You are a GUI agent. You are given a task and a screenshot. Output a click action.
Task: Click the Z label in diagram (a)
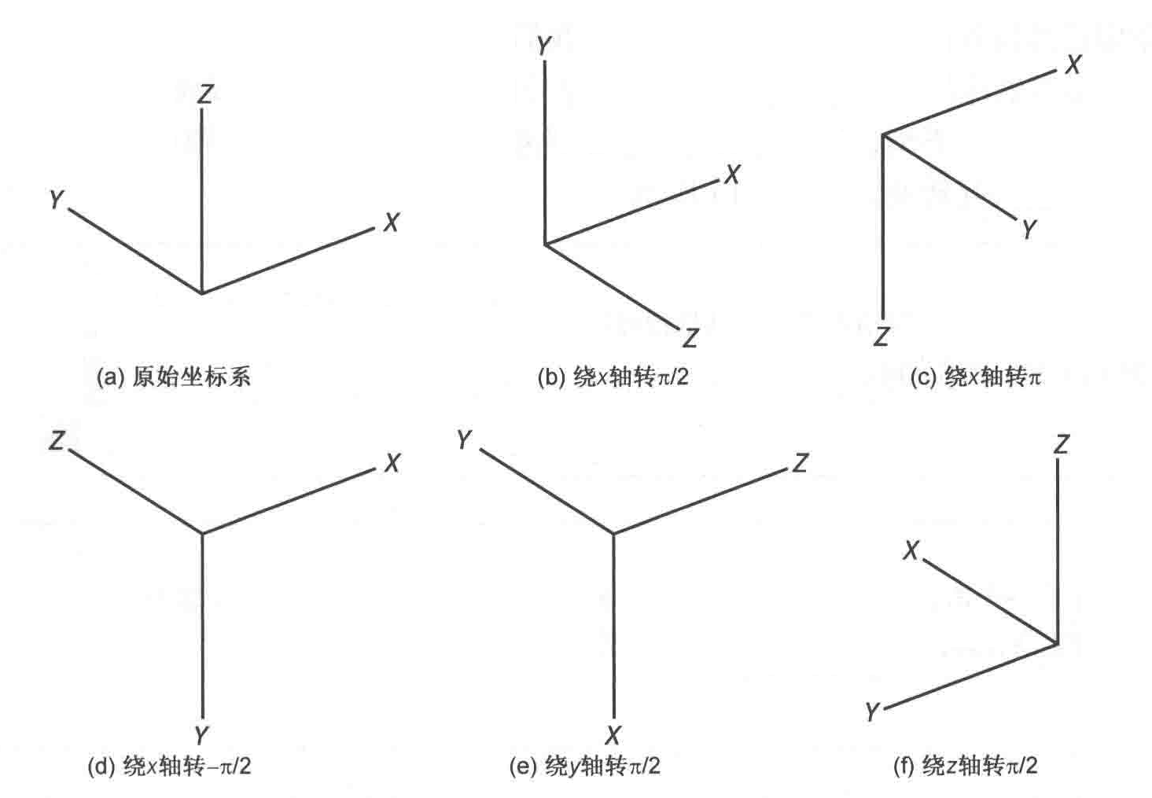click(205, 94)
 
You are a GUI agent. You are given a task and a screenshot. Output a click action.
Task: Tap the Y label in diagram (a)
click(56, 200)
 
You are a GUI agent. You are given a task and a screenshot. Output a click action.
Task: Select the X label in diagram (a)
click(391, 223)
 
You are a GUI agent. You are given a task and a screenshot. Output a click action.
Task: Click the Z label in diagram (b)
click(690, 338)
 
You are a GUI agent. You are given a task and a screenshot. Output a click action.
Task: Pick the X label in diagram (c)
click(1073, 64)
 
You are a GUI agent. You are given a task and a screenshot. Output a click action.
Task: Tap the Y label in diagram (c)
click(1029, 229)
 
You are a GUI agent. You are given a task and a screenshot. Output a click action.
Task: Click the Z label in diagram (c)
click(881, 336)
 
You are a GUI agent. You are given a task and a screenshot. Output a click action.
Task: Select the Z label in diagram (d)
click(57, 440)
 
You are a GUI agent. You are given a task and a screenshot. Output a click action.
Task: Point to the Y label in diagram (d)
click(202, 735)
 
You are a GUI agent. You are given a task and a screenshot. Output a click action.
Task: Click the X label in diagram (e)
click(613, 735)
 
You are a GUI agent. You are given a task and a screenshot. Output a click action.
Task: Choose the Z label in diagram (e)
click(800, 462)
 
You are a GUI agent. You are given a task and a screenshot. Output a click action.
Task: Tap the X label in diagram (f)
click(911, 550)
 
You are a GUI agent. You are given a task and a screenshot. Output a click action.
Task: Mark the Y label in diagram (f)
click(872, 712)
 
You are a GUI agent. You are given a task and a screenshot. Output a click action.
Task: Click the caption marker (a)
click(110, 377)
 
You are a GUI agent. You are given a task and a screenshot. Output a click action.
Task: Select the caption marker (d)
click(101, 766)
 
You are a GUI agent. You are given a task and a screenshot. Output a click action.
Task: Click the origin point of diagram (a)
click(203, 292)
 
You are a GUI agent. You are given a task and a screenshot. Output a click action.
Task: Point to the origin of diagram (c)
click(884, 135)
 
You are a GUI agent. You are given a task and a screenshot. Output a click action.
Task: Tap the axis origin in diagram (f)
click(1058, 643)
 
